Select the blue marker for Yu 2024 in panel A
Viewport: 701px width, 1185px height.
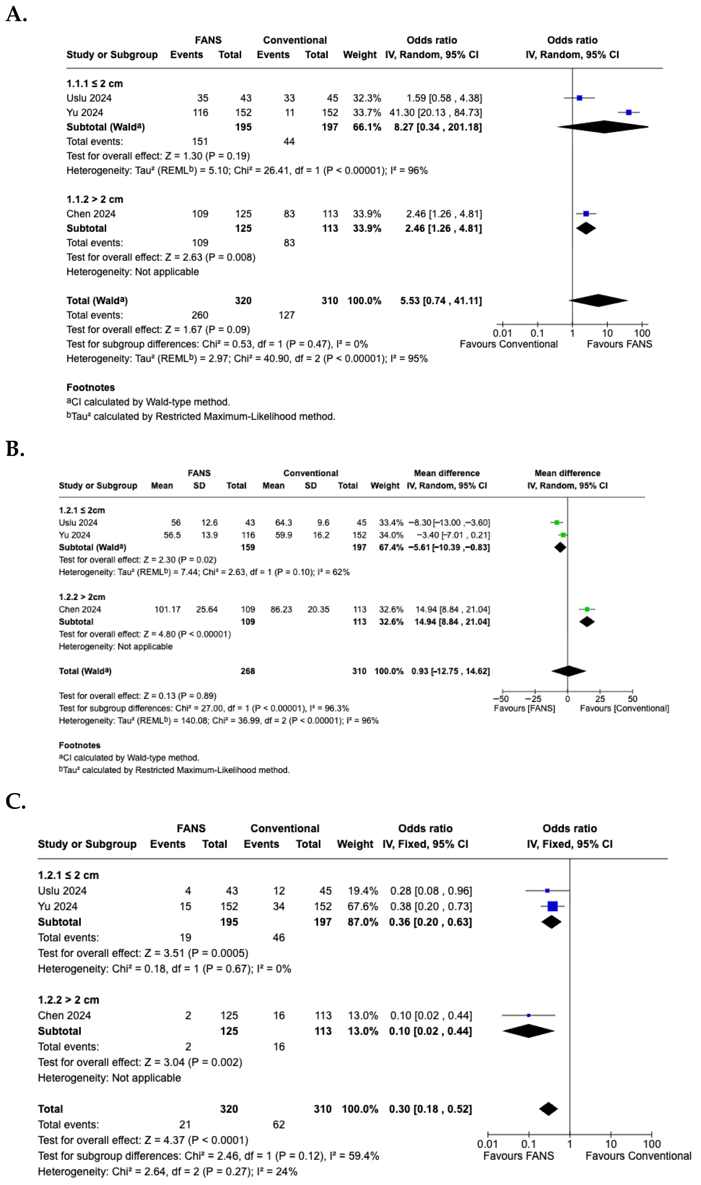(x=628, y=113)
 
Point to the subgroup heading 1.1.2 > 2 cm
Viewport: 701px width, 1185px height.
(x=94, y=199)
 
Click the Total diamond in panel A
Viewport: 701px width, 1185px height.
(x=598, y=301)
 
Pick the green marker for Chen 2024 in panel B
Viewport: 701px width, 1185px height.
(x=587, y=609)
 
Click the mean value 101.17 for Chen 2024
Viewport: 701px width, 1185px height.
(x=167, y=609)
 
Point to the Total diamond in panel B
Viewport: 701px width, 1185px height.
(x=568, y=671)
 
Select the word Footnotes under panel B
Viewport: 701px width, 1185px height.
(x=79, y=745)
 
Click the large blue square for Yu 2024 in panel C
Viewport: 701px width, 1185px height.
(x=552, y=906)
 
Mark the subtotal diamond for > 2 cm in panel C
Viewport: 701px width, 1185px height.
(x=528, y=1031)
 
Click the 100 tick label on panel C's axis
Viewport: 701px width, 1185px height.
(x=651, y=1144)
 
